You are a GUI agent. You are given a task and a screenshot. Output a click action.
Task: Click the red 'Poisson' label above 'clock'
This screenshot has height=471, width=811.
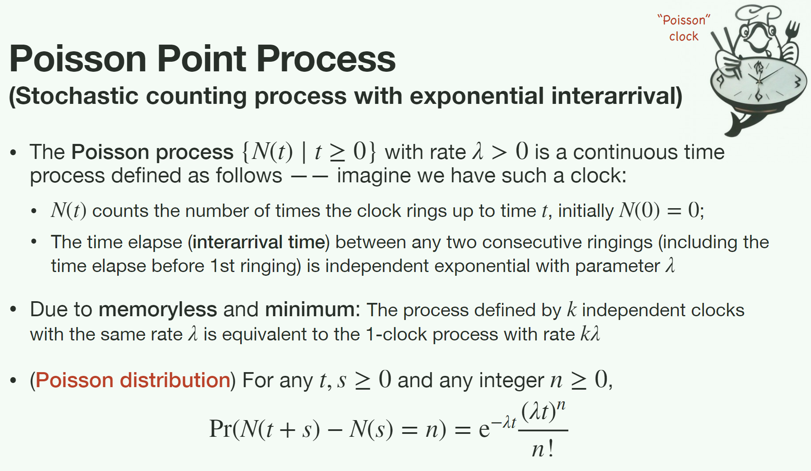point(684,20)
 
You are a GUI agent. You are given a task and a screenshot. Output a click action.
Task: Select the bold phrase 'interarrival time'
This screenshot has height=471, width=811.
point(259,242)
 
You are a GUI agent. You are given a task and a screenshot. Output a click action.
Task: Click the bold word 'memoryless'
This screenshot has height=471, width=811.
point(158,310)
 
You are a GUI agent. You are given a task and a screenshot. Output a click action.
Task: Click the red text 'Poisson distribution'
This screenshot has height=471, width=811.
point(133,380)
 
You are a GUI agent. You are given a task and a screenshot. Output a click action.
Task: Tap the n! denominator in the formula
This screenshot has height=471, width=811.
point(542,449)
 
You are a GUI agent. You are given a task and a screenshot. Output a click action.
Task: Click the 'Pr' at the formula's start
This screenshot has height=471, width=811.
point(220,428)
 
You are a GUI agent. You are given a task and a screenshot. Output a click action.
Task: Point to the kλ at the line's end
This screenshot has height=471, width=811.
point(590,334)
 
